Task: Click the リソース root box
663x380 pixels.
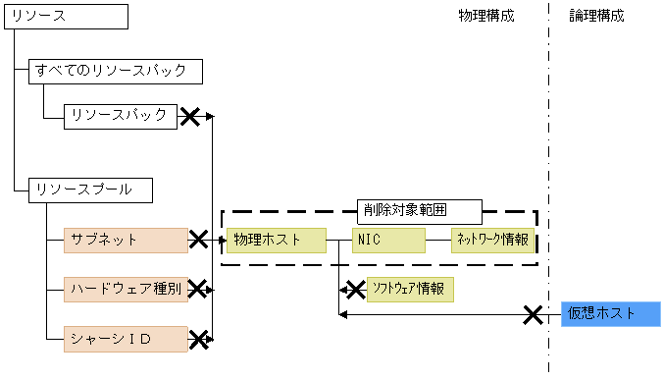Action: pyautogui.click(x=66, y=16)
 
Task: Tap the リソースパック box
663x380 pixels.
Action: pyautogui.click(x=121, y=116)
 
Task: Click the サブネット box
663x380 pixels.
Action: pyautogui.click(x=126, y=240)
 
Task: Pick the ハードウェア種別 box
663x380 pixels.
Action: pyautogui.click(x=126, y=289)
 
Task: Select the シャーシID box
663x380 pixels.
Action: pyautogui.click(x=126, y=339)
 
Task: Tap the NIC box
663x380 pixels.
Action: pyautogui.click(x=387, y=240)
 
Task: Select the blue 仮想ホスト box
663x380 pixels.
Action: pyautogui.click(x=610, y=314)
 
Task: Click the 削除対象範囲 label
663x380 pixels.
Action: pyautogui.click(x=418, y=210)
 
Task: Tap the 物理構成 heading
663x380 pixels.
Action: pyautogui.click(x=485, y=16)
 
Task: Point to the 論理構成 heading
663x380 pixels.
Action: pyautogui.click(x=596, y=16)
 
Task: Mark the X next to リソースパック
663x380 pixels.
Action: pyautogui.click(x=190, y=117)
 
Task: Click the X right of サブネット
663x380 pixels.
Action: pyautogui.click(x=199, y=240)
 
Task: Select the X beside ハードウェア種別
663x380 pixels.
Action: pyautogui.click(x=199, y=289)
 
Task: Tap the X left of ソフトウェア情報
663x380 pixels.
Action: pyautogui.click(x=352, y=290)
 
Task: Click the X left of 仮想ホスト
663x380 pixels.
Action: pyautogui.click(x=533, y=314)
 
